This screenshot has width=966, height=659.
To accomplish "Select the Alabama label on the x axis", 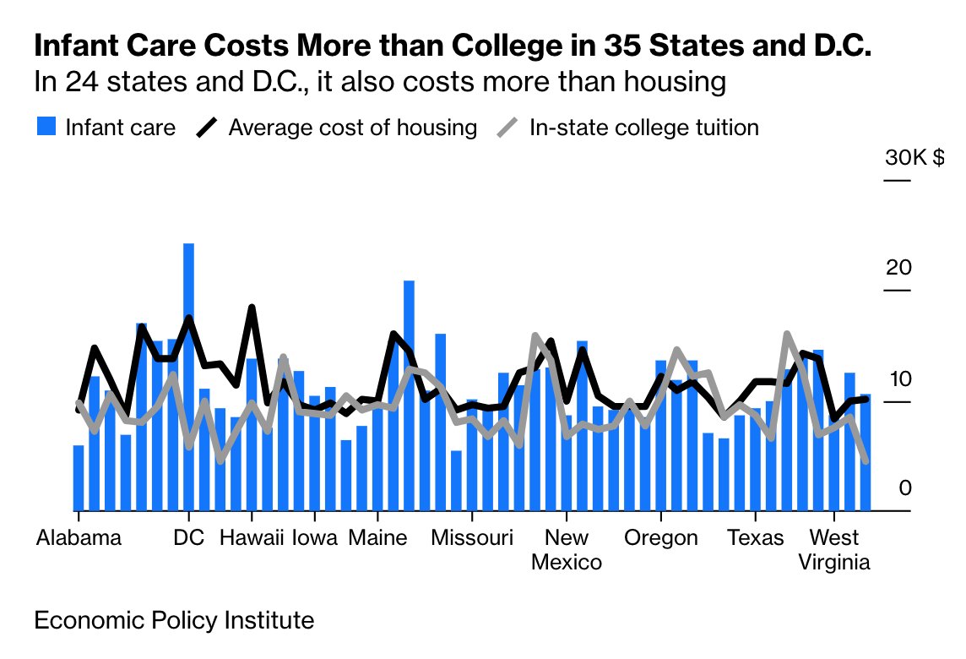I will pyautogui.click(x=79, y=538).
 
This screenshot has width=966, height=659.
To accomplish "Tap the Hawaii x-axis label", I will pyautogui.click(x=252, y=538).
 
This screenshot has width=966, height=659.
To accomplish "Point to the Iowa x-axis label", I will pyautogui.click(x=316, y=538).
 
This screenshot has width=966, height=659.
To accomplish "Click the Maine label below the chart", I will pyautogui.click(x=377, y=538).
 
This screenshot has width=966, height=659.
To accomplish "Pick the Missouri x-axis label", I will pyautogui.click(x=472, y=538).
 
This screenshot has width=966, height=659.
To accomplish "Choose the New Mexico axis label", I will pyautogui.click(x=567, y=550).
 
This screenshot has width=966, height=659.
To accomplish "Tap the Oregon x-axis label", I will pyautogui.click(x=661, y=538).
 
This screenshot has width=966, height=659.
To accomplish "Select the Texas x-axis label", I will pyautogui.click(x=756, y=538).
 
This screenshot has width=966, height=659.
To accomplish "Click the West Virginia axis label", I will pyautogui.click(x=834, y=550).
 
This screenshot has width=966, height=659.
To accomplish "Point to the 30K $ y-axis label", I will pyautogui.click(x=914, y=158).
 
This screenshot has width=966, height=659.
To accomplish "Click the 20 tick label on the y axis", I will pyautogui.click(x=898, y=268).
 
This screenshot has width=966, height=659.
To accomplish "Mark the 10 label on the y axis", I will pyautogui.click(x=898, y=379).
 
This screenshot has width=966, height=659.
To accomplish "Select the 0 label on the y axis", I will pyautogui.click(x=904, y=488).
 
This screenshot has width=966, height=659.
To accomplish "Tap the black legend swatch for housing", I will pyautogui.click(x=206, y=128).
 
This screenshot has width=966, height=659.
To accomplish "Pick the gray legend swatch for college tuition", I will pyautogui.click(x=507, y=128).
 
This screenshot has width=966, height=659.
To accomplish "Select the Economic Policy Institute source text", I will pyautogui.click(x=174, y=621).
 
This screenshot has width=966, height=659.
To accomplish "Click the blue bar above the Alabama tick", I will pyautogui.click(x=79, y=478).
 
